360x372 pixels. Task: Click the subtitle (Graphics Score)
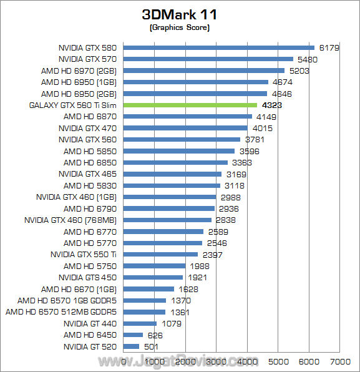click(x=180, y=29)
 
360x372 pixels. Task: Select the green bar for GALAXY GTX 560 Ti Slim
click(x=190, y=105)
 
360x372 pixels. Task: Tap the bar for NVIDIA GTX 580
click(x=218, y=47)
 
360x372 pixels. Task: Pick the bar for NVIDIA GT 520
click(x=131, y=346)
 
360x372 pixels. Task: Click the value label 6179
click(x=329, y=47)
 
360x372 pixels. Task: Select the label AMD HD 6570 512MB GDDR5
click(x=62, y=311)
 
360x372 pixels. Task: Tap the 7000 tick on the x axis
click(x=339, y=361)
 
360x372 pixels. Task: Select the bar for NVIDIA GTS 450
click(x=153, y=277)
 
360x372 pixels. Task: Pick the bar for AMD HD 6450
click(x=133, y=335)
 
